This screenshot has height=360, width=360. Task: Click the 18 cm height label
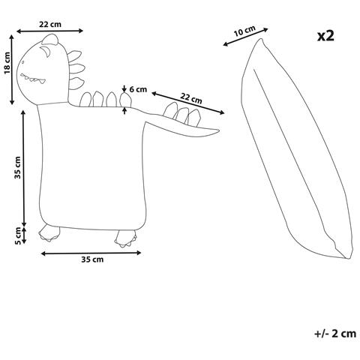tap(7, 63)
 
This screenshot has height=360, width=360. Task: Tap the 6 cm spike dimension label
tap(138, 89)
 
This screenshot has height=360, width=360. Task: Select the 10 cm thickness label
tap(244, 31)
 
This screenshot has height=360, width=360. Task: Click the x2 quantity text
tap(325, 36)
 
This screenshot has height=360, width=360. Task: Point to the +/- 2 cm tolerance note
tap(335, 334)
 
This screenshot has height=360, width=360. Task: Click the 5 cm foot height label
tap(18, 235)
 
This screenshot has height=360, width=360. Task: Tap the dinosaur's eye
tap(23, 62)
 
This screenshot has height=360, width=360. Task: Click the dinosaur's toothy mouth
tap(33, 78)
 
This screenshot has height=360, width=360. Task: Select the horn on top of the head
tap(50, 40)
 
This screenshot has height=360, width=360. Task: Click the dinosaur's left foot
tap(49, 233)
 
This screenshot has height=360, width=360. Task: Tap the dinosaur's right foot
tap(126, 238)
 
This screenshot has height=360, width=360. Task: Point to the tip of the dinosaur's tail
tap(219, 130)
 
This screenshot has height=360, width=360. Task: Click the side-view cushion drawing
tap(298, 148)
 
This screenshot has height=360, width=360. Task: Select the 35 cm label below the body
tap(92, 259)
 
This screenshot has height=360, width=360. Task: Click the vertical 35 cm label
tap(18, 167)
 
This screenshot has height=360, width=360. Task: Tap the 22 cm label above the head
tap(50, 25)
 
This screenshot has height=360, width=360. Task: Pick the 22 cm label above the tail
tap(191, 97)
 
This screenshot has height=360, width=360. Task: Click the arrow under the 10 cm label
tap(245, 37)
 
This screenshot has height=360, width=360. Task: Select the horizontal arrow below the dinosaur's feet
tap(91, 253)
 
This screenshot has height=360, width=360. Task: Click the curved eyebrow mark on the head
tap(46, 52)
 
